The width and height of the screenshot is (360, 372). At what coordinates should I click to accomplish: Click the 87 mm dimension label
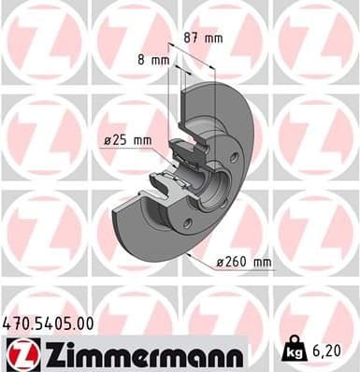pos(203,38)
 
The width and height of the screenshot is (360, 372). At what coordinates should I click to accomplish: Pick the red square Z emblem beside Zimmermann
pos(18,354)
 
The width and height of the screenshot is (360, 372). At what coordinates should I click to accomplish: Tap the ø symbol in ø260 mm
pos(220,263)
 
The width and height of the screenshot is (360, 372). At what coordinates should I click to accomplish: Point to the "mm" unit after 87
pos(214,38)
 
